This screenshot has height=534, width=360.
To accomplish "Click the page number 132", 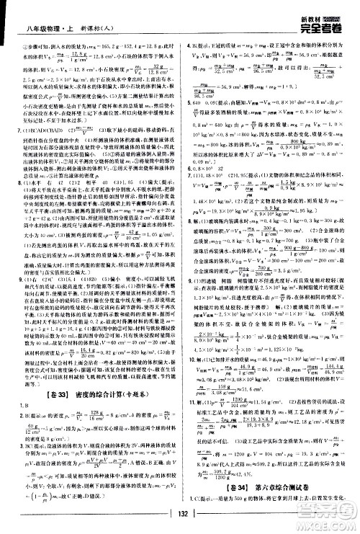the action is [179, 511].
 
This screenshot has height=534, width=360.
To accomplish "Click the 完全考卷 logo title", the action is [328, 13].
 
